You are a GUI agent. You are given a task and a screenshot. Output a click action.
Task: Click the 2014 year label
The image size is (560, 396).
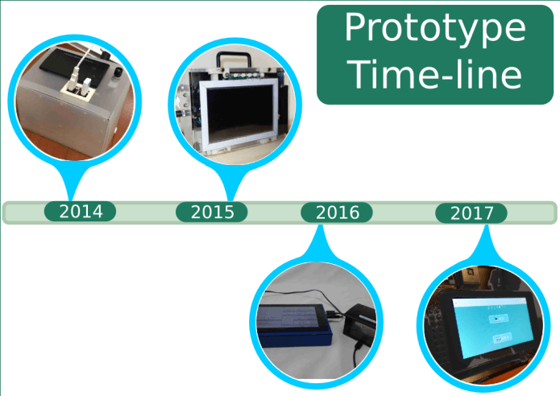tap(81, 211)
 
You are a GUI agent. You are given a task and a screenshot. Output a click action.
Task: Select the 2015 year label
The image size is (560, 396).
tap(212, 212)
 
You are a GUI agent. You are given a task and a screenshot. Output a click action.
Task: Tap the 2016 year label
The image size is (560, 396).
tap(337, 212)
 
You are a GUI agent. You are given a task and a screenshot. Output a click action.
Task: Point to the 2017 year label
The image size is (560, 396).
tap(471, 213)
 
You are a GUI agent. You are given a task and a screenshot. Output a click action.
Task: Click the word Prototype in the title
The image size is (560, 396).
tap(435, 28)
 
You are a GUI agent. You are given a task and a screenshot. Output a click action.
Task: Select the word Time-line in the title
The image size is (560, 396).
tap(435, 74)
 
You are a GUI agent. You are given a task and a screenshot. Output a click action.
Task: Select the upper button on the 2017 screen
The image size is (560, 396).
tap(498, 318)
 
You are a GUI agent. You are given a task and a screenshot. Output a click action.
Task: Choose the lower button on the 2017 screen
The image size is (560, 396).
tap(502, 337)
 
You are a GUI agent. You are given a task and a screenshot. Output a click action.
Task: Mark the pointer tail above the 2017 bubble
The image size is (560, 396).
tap(485, 243)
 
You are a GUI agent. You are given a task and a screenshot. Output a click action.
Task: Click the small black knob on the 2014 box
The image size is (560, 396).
tap(117, 72)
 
